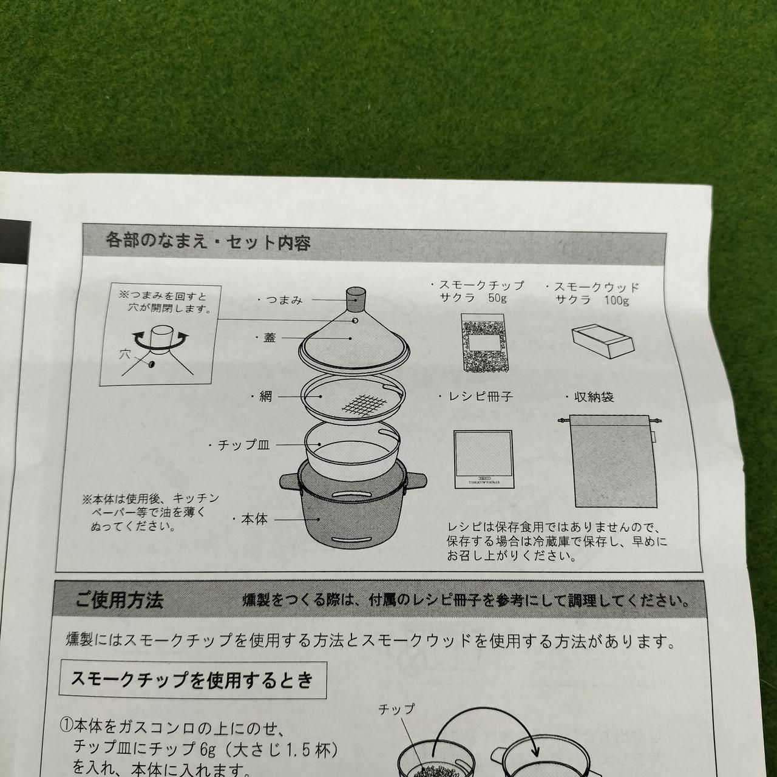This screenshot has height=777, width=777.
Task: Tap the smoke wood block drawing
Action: click(602, 342)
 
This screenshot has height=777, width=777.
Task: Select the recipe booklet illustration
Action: click(483, 459)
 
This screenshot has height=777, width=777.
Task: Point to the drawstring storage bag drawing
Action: click(614, 461)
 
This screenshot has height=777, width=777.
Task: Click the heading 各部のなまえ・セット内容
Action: click(208, 242)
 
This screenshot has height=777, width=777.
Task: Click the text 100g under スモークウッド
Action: click(617, 300)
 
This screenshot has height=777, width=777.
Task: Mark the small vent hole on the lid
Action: click(355, 321)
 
